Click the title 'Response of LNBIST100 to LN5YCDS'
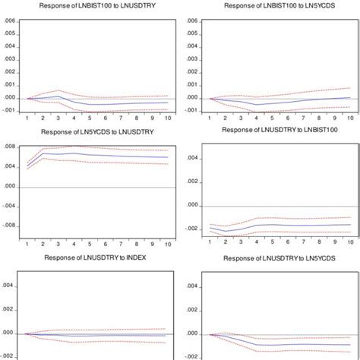point(274,6)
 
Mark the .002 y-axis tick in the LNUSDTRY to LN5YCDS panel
point(194,310)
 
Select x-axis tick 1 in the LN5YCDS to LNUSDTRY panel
point(27,242)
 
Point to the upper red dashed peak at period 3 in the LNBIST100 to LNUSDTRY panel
point(58,90)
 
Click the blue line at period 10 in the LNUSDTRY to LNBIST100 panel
point(349,224)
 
